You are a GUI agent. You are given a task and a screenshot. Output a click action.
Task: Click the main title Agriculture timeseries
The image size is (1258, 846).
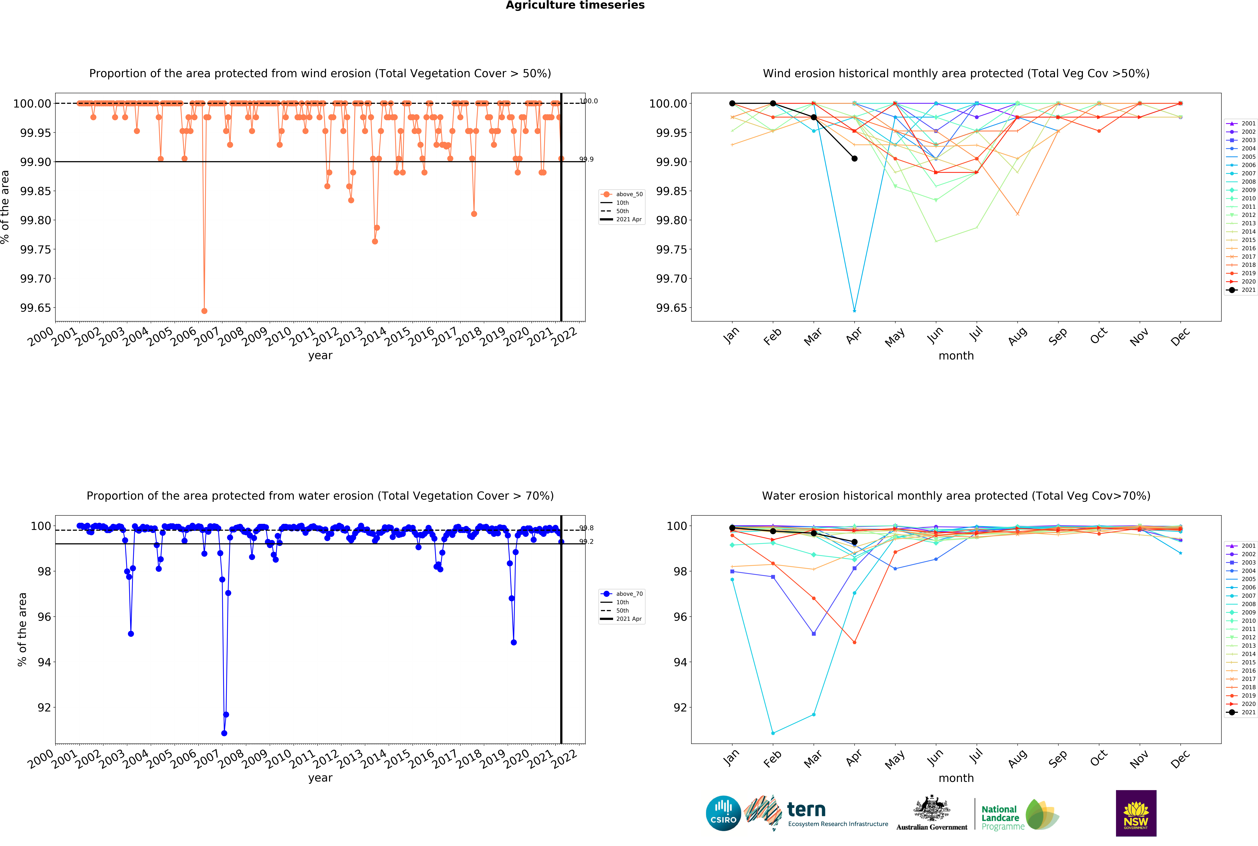[x=575, y=5]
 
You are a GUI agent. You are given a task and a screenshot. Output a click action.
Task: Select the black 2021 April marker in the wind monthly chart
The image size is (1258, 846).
[x=854, y=159]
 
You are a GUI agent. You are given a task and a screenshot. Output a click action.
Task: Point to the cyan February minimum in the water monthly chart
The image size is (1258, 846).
[x=773, y=733]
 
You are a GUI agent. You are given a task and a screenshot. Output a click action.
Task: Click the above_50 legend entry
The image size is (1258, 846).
[x=622, y=194]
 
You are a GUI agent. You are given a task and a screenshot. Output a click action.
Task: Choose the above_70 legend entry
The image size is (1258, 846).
[x=622, y=593]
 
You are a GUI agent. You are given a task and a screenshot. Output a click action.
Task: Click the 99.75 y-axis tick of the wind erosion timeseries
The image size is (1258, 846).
[x=36, y=249]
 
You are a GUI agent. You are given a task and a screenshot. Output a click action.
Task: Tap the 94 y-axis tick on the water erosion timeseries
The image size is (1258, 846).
[x=44, y=662]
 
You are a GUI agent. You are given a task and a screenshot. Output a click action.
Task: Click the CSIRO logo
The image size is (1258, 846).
[x=723, y=813]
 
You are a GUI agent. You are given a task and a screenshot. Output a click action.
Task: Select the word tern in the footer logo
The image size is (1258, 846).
[x=806, y=809]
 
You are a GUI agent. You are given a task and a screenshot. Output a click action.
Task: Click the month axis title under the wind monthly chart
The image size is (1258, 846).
[x=956, y=356]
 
